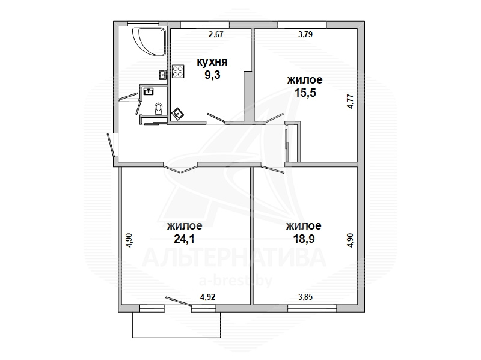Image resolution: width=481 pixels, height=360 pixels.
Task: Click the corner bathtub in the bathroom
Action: tap(149, 41)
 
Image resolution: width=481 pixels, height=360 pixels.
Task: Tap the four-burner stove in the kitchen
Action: tap(178, 71)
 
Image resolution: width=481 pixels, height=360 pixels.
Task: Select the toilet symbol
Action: tap(159, 109)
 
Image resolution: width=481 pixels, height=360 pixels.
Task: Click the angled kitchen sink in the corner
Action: tap(178, 114)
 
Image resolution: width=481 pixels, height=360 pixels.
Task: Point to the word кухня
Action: tap(212, 62)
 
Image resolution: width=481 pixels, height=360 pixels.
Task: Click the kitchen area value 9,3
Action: tap(212, 75)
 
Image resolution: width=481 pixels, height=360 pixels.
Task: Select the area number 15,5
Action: tap(305, 93)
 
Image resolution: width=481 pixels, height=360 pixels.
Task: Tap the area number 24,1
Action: tap(184, 238)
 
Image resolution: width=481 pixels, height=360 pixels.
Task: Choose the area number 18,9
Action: tap(304, 238)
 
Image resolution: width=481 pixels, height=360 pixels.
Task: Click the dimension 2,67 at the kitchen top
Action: tap(216, 34)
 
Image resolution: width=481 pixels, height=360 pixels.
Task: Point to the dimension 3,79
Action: tap(305, 34)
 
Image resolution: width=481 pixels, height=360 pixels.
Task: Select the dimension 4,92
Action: tap(207, 297)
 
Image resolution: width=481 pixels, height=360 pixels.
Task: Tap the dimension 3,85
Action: tap(305, 297)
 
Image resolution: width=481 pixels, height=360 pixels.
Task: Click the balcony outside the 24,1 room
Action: tap(177, 325)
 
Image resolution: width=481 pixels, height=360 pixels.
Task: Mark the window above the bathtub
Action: tap(143, 23)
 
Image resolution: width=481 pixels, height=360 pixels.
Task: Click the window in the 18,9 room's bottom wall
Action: tap(312, 308)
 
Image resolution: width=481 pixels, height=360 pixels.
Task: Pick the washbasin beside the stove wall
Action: tap(162, 75)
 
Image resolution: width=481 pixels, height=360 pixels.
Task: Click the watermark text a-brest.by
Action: tap(236, 281)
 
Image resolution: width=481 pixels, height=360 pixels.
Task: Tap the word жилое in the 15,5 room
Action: tap(305, 80)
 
